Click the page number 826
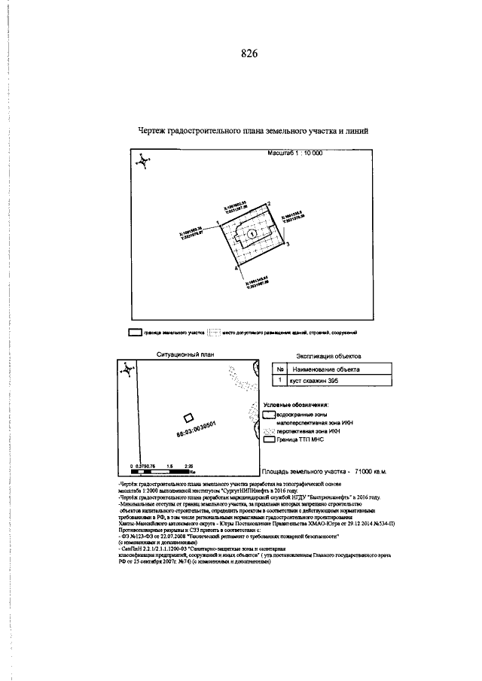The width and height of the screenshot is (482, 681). coord(249,53)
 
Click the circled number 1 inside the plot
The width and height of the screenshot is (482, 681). coord(252,234)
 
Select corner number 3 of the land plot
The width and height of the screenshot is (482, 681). coord(287,245)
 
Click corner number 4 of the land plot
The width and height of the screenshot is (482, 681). coord(236,267)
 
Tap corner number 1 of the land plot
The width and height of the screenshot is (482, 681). coord(218,223)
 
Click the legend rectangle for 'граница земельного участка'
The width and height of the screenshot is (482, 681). coord(135,331)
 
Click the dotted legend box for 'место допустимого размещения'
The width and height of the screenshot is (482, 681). coord(215,331)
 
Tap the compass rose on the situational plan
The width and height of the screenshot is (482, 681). coord(129,369)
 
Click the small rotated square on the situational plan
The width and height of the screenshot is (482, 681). coord(188,418)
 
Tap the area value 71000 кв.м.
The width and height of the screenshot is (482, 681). coord(365,472)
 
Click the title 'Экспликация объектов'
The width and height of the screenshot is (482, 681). coord(329,354)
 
